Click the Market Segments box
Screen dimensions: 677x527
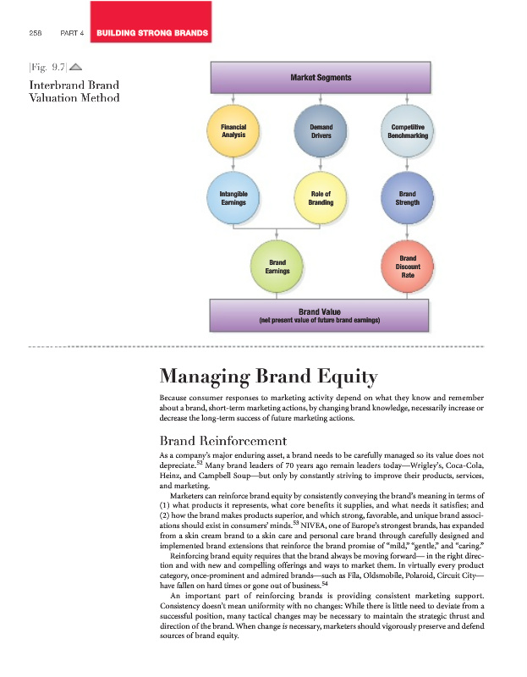[321, 79]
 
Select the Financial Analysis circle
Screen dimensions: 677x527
[233, 132]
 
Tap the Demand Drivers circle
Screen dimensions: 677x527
[321, 132]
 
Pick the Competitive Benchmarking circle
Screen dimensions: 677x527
[408, 132]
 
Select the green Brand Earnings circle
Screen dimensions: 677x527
[277, 266]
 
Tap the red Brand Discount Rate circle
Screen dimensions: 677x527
[408, 266]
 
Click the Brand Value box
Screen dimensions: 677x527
[321, 317]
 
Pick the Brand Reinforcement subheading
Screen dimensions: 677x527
[223, 440]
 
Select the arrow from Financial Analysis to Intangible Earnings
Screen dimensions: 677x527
[233, 165]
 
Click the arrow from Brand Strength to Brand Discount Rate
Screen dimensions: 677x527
[408, 231]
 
